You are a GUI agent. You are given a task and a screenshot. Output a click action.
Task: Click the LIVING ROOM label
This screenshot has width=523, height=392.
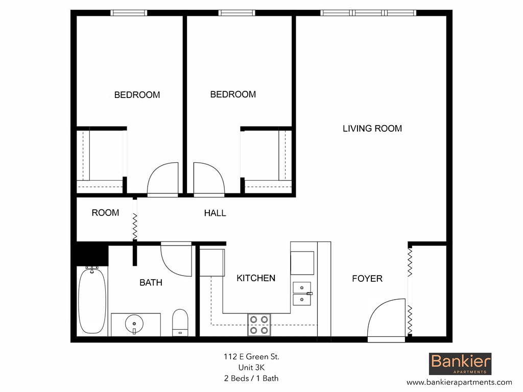click(x=372, y=129)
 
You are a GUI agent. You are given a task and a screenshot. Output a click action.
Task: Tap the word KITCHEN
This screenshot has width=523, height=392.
click(x=256, y=278)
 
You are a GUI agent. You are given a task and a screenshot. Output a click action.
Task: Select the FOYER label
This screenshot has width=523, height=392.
click(x=367, y=279)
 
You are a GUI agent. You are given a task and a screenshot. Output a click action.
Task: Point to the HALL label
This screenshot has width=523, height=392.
click(x=215, y=213)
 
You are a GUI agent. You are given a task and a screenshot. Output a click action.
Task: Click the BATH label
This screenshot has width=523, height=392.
click(x=151, y=282)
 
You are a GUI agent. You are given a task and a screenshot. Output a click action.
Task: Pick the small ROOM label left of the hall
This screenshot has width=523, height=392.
click(x=105, y=213)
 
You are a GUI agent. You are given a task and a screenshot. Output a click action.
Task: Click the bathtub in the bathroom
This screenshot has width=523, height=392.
click(x=92, y=301)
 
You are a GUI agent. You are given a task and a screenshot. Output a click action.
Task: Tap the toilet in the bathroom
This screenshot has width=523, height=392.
click(x=180, y=322)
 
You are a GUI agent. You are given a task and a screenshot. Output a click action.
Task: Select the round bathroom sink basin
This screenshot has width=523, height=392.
click(x=134, y=323)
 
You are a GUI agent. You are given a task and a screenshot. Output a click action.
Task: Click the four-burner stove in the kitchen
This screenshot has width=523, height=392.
click(x=259, y=325)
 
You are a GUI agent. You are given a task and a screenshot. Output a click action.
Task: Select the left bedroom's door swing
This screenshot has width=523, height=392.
click(x=163, y=180)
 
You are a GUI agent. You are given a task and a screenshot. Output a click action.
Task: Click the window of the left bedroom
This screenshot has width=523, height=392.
click(x=129, y=13)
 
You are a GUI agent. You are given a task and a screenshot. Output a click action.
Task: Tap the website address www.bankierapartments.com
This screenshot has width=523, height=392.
click(x=459, y=382)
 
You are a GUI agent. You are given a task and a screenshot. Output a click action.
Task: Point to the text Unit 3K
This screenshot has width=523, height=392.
click(x=251, y=367)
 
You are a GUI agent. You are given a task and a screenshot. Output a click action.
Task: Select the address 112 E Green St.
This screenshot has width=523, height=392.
click(x=251, y=357)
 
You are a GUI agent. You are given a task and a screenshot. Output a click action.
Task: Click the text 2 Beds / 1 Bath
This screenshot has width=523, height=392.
click(x=251, y=378)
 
